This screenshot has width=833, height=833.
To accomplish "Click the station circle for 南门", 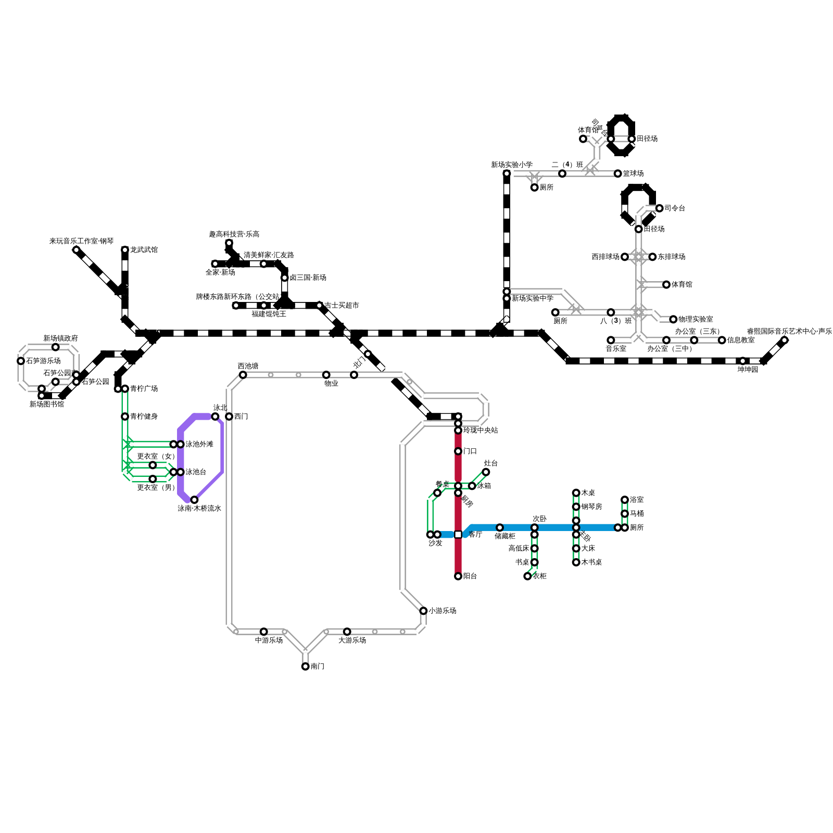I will [x=305, y=666].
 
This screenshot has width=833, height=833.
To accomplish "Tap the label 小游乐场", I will [x=442, y=611].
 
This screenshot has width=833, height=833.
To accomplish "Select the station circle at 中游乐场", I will [x=263, y=632].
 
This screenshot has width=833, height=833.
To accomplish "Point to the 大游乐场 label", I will [x=352, y=640].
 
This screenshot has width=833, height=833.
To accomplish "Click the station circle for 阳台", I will [x=458, y=576].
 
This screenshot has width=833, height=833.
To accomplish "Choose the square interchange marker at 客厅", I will [x=458, y=535].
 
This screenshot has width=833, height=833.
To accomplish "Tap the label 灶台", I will [x=490, y=463].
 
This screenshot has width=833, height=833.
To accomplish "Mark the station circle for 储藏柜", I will [x=500, y=527].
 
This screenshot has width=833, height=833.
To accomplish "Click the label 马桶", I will [x=637, y=514].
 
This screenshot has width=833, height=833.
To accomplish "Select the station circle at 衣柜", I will [x=527, y=576].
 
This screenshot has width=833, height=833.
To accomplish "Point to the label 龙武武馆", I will [x=144, y=250].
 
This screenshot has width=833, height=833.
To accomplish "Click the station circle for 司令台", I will [x=659, y=208].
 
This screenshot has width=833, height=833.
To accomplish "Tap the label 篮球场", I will [x=633, y=173].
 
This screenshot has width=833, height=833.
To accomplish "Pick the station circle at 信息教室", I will [x=722, y=340].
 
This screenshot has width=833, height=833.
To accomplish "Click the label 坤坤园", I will [x=748, y=370].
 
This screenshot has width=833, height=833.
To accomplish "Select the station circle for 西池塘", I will [x=243, y=375].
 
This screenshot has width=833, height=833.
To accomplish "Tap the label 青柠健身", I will [x=144, y=416].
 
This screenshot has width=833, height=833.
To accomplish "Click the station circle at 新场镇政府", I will [x=55, y=347].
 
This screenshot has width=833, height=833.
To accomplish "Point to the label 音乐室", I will [x=616, y=349].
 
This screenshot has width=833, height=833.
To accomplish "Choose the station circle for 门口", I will [x=458, y=451].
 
